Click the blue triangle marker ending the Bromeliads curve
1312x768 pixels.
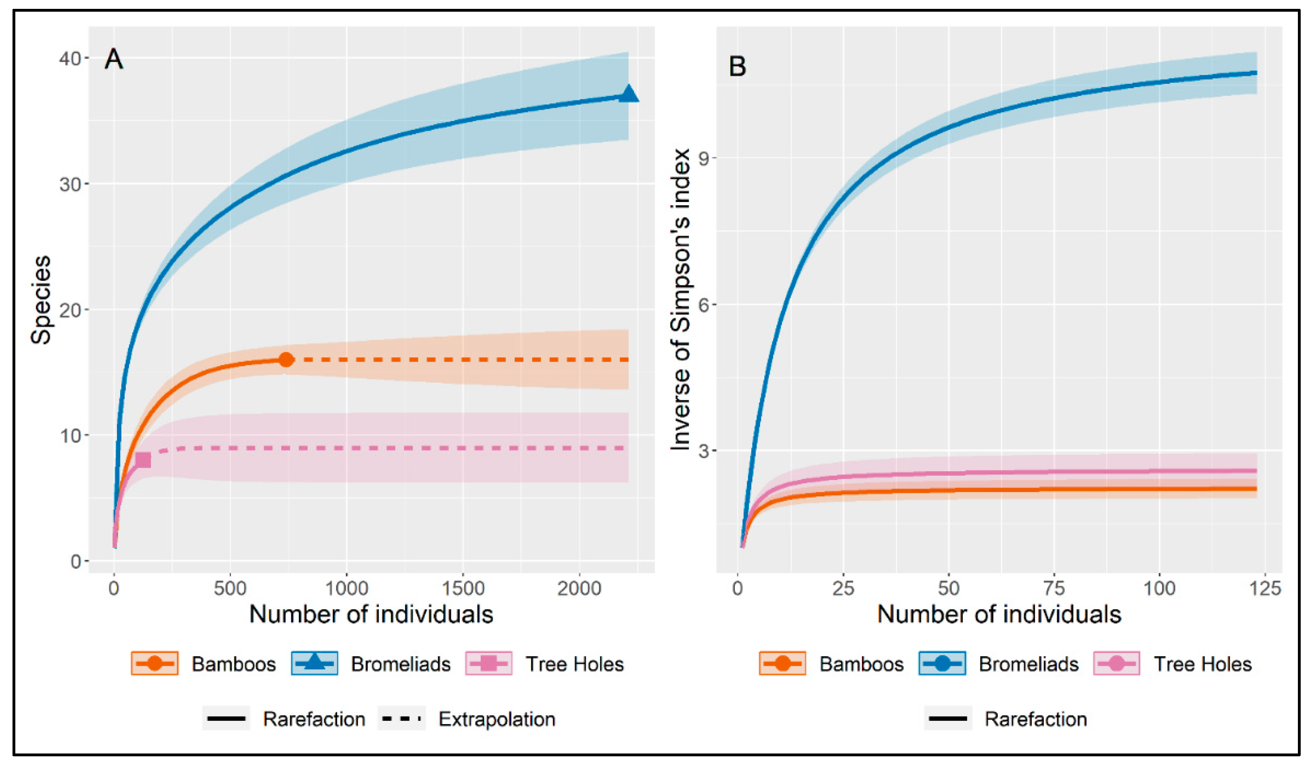click(628, 95)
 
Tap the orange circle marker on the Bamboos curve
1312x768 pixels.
click(286, 360)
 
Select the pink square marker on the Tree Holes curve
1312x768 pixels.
click(143, 460)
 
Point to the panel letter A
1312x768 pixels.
click(114, 59)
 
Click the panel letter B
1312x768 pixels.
click(737, 67)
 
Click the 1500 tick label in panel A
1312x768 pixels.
click(463, 589)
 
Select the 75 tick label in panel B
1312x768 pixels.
click(1054, 589)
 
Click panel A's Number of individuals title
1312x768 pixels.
click(371, 614)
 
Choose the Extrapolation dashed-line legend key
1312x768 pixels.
click(401, 719)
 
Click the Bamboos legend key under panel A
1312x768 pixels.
click(154, 664)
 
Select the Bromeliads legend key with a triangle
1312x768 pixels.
click(315, 664)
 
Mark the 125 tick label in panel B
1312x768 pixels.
click(1265, 589)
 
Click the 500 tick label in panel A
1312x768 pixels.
click(229, 589)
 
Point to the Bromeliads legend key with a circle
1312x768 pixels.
click(942, 664)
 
